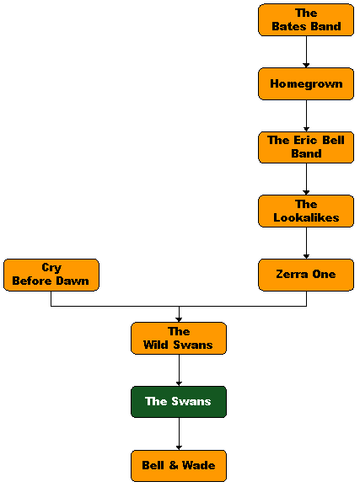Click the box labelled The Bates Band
point(306,20)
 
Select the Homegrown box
point(306,84)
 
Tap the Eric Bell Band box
point(306,147)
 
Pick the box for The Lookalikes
point(306,211)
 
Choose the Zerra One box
point(306,275)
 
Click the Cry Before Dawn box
point(51,275)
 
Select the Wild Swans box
point(179,338)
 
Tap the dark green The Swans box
point(179,402)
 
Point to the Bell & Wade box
point(179,466)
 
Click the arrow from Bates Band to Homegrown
point(306,52)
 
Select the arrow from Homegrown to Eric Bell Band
point(306,115)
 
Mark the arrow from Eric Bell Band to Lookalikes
point(306,179)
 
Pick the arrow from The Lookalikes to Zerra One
point(306,243)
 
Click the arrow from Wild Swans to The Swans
point(179,370)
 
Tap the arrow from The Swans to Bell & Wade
point(179,434)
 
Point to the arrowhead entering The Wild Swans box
point(179,320)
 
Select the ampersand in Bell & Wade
point(174,465)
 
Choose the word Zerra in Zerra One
point(292,274)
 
